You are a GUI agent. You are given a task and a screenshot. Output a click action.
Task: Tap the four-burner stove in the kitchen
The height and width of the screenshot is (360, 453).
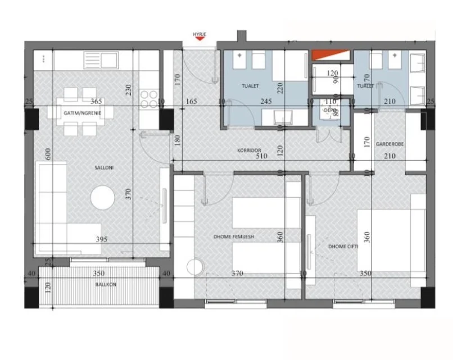click(148, 99)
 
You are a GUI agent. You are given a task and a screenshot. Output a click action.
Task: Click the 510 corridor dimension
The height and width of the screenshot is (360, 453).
click(261, 157)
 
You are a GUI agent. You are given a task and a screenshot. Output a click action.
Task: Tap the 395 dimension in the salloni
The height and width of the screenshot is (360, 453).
click(101, 239)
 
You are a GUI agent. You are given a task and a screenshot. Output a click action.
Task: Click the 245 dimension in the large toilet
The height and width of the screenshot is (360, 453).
click(265, 102)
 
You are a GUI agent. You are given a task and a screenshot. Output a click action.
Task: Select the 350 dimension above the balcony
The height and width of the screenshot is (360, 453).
click(99, 274)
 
